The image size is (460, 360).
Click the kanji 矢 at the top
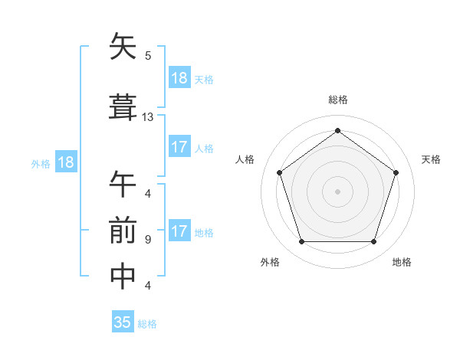click(123, 47)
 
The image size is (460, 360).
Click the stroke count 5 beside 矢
click(148, 55)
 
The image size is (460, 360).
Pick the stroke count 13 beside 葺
click(148, 117)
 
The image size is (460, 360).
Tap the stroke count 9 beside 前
click(147, 240)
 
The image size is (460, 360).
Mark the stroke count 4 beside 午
click(147, 193)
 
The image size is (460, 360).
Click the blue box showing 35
click(123, 322)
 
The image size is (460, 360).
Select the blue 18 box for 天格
click(179, 78)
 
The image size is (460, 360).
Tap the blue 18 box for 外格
click(65, 162)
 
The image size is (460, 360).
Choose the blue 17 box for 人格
click(179, 147)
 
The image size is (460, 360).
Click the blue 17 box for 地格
click(179, 231)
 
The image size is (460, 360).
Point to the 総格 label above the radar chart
click(337, 100)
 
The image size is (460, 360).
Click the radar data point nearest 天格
click(396, 172)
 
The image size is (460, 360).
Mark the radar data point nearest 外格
click(301, 242)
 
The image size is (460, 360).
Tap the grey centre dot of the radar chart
click(337, 191)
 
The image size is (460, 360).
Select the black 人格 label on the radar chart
click(245, 159)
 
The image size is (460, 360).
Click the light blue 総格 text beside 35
click(147, 324)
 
